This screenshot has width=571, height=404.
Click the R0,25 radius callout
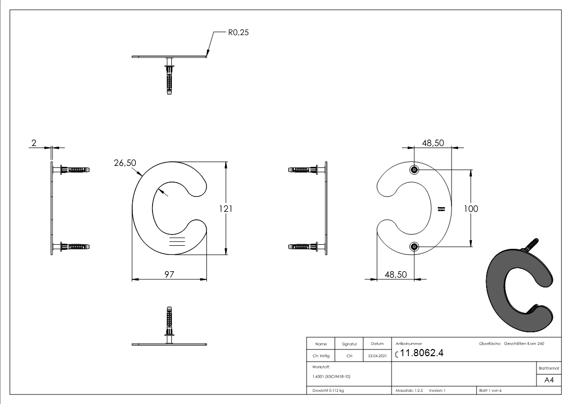(237, 33)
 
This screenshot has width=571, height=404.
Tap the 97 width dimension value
(169, 274)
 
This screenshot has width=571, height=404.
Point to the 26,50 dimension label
(125, 163)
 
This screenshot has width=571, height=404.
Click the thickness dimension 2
(34, 143)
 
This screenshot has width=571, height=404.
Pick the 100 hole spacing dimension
(471, 209)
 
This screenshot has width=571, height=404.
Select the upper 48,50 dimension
(433, 143)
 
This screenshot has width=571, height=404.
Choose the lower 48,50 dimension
(396, 274)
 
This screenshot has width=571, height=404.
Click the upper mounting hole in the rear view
(414, 169)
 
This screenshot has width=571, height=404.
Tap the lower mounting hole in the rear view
(414, 247)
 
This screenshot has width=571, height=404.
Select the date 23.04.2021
(377, 356)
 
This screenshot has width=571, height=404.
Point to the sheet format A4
(549, 380)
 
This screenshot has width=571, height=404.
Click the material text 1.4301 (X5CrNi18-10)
(332, 377)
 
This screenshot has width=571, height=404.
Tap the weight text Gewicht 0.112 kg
(328, 390)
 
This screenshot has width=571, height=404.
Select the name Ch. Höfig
(320, 356)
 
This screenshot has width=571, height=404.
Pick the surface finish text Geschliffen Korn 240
(524, 344)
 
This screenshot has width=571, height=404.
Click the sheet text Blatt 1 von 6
(490, 390)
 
